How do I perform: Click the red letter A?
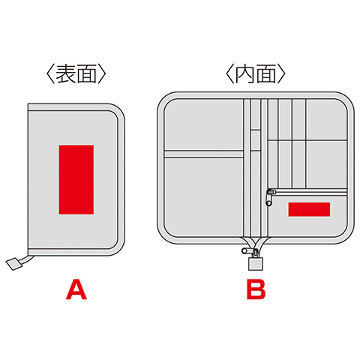pyautogui.click(x=76, y=289)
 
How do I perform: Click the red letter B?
pyautogui.click(x=256, y=289)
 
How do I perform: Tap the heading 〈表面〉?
pyautogui.click(x=76, y=74)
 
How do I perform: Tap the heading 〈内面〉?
pyautogui.click(x=255, y=74)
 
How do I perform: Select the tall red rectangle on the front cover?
pyautogui.click(x=76, y=179)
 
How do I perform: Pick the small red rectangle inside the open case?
pyautogui.click(x=309, y=209)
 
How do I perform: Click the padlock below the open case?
pyautogui.click(x=256, y=262)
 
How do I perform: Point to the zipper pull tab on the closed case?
pyautogui.click(x=13, y=264)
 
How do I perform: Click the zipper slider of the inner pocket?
pyautogui.click(x=269, y=197)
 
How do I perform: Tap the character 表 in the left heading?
pyautogui.click(x=65, y=74)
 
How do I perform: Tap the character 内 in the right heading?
pyautogui.click(x=244, y=74)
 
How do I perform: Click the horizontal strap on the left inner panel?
pyautogui.click(x=204, y=154)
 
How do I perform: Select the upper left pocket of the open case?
pyautogui.click(x=204, y=125)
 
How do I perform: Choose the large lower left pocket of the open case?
pyautogui.click(x=204, y=197)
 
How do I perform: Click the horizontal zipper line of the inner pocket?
pyautogui.click(x=311, y=192)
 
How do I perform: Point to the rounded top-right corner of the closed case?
pyautogui.click(x=119, y=109)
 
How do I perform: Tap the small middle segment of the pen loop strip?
pyautogui.click(x=256, y=140)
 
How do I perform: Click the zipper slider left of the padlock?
pyautogui.click(x=246, y=250)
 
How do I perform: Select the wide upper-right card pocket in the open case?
pyautogui.click(x=326, y=120)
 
